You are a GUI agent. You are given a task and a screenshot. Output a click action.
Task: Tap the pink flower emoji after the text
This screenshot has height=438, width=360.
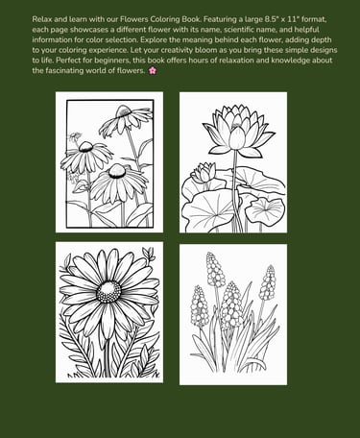(x=153, y=70)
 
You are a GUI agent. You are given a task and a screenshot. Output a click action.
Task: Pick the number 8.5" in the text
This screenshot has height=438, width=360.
(x=272, y=19)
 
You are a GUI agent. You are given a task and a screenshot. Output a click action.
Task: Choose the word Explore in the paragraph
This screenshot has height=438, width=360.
(x=153, y=40)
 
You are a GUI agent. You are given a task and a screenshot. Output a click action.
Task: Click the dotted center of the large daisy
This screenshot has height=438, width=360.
(x=108, y=292)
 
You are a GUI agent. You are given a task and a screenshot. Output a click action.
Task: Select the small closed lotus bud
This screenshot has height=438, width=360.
(x=204, y=173)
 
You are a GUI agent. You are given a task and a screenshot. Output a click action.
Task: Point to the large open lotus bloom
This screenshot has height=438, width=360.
(x=238, y=129)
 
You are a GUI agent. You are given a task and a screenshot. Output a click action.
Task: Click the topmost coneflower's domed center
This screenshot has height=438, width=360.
(x=123, y=111)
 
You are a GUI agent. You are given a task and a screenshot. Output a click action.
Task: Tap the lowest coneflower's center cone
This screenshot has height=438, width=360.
(x=117, y=171)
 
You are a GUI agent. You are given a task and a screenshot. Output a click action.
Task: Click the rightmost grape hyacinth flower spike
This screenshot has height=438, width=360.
(x=268, y=282)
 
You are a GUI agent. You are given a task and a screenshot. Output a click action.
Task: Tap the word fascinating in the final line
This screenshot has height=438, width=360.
(x=65, y=71)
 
